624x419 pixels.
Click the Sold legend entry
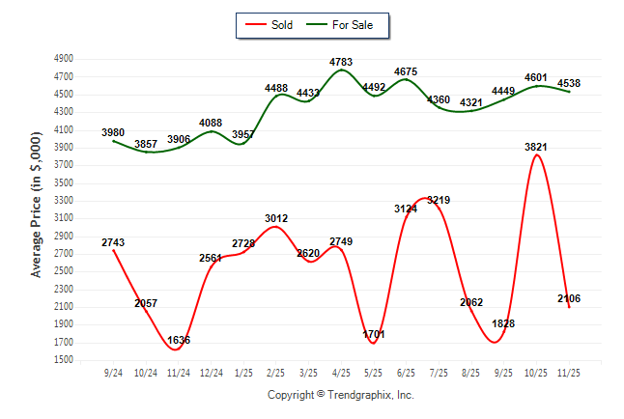(273, 25)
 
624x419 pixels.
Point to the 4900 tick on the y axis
(64, 59)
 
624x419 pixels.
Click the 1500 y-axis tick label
(64, 360)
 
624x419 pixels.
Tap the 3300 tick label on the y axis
(64, 201)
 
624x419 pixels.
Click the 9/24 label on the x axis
(114, 372)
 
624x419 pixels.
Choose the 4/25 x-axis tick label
(341, 372)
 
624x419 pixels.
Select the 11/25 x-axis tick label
(569, 372)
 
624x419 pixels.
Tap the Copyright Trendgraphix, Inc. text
(340, 395)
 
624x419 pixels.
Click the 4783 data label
(341, 63)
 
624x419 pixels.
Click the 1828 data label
(503, 323)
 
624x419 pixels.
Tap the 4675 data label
(406, 71)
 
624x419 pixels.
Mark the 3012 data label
(276, 219)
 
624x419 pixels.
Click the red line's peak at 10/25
(536, 155)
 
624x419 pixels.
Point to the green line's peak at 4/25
(341, 70)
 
